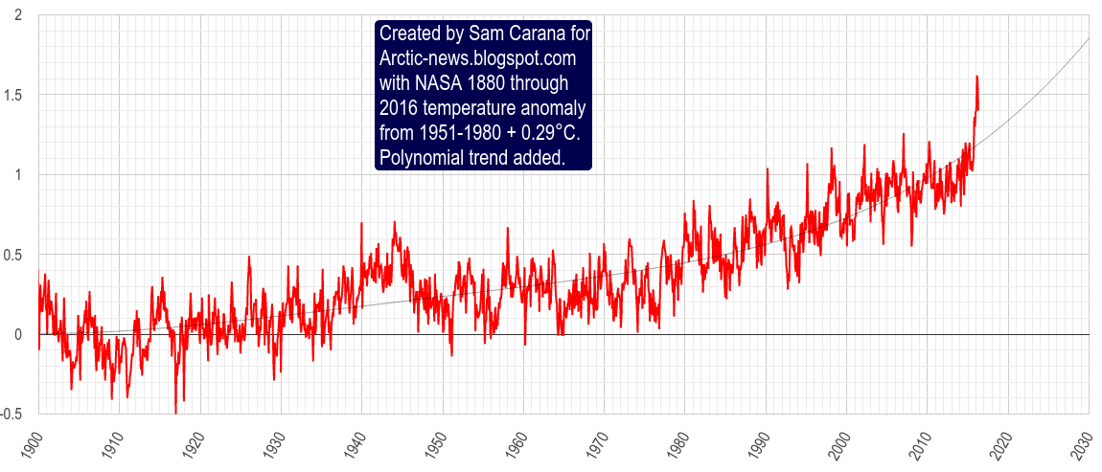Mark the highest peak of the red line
pyautogui.click(x=976, y=76)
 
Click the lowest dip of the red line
pyautogui.click(x=175, y=413)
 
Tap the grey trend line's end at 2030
pyautogui.click(x=1090, y=38)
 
